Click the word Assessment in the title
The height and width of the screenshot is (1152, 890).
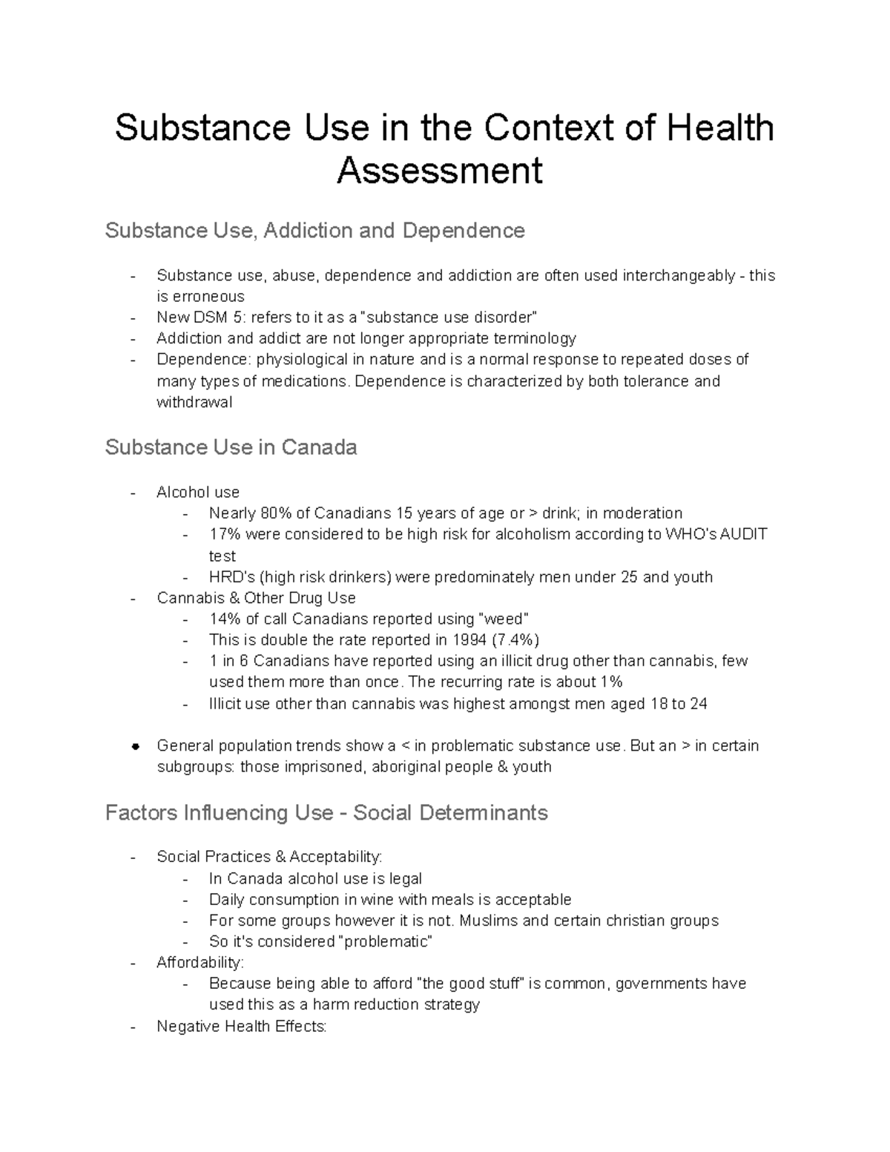[439, 171]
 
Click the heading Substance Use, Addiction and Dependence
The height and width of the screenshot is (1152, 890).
[314, 231]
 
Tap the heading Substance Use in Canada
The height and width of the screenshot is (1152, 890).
[231, 447]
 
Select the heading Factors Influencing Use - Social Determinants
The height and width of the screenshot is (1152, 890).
[326, 813]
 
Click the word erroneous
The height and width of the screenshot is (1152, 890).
[200, 297]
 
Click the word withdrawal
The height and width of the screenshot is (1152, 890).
[194, 402]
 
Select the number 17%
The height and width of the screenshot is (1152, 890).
[225, 534]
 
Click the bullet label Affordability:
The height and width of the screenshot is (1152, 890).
[200, 963]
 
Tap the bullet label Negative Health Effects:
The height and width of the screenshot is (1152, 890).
[241, 1027]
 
